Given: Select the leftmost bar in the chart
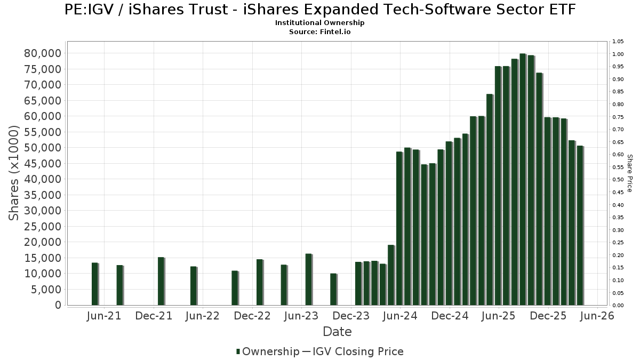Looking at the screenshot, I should point(95,284).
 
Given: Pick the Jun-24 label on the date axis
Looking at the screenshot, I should point(400,316).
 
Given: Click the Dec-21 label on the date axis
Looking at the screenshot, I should point(154,316).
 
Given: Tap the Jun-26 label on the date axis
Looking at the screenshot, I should point(597,316).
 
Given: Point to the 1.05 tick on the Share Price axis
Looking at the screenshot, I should point(618,42).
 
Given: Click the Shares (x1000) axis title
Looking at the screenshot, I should point(15,173).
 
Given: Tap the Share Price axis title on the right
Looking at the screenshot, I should point(630,173).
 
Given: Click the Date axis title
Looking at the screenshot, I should point(337,332).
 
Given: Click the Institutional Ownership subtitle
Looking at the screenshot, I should point(320,23).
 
